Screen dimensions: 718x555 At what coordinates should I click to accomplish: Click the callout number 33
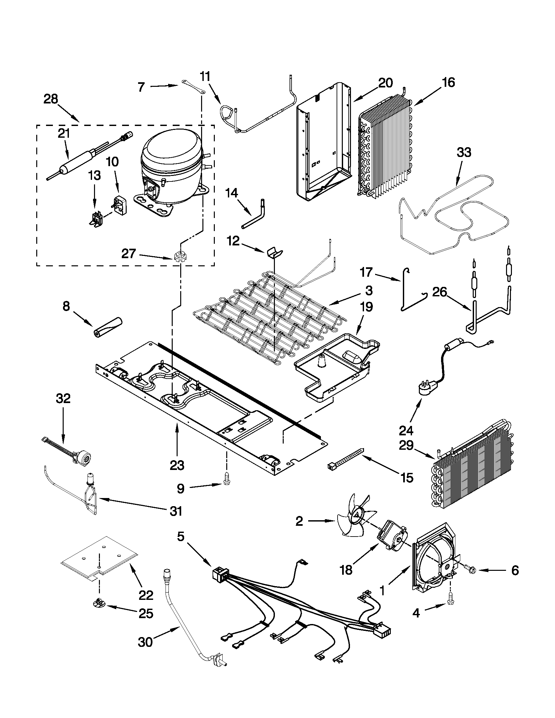pyautogui.click(x=464, y=152)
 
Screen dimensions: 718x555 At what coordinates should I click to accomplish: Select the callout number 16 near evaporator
pyautogui.click(x=449, y=83)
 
